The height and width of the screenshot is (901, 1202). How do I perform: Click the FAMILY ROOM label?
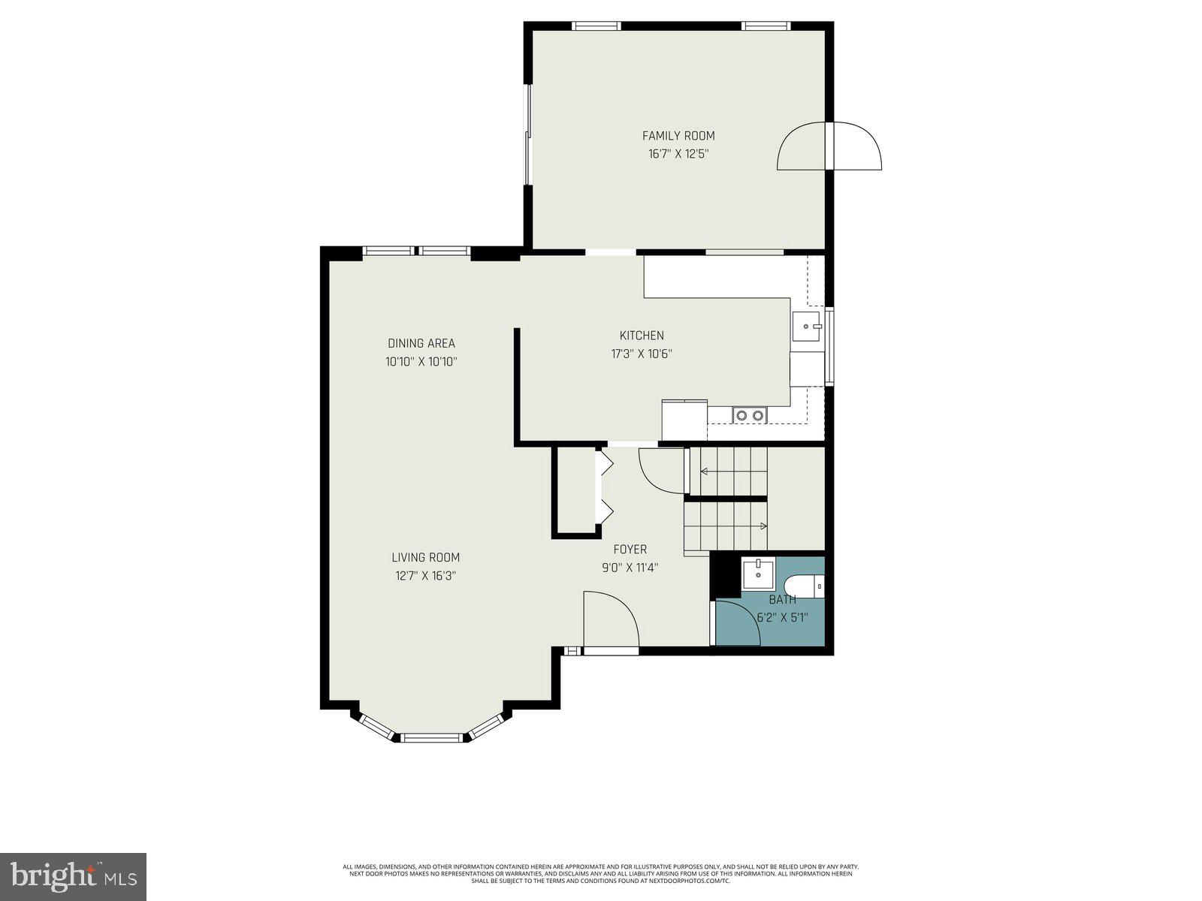(x=678, y=136)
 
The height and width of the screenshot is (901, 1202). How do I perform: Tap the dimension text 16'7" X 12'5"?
(x=678, y=155)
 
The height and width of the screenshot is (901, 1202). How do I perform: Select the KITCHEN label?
(x=641, y=336)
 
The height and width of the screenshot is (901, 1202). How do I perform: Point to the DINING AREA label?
(x=421, y=343)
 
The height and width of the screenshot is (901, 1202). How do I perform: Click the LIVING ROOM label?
(x=425, y=557)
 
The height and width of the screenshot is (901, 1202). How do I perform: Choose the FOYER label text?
(x=630, y=550)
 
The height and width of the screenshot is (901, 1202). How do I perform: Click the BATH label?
(x=782, y=600)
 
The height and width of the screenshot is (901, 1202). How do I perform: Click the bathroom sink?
(x=759, y=575)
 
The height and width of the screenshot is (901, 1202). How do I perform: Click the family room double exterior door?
(x=829, y=146)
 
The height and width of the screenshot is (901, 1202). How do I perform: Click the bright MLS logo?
(x=73, y=876)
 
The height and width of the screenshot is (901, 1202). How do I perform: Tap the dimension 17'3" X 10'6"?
(x=641, y=354)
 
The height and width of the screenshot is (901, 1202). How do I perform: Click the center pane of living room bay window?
(x=432, y=737)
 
